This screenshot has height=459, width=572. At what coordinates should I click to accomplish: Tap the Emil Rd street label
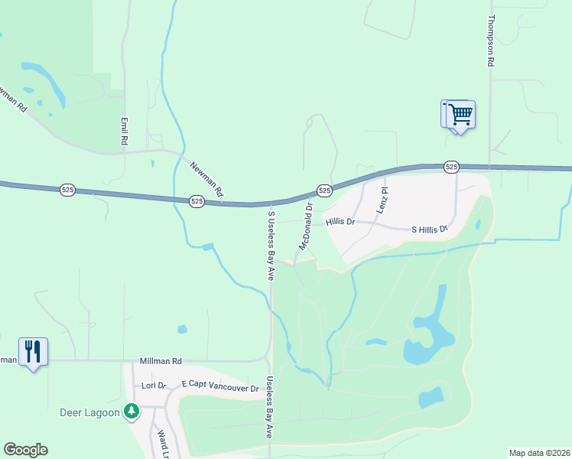[122, 131]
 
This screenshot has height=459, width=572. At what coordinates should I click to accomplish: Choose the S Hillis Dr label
[429, 229]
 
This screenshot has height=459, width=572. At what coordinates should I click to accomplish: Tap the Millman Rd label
[161, 360]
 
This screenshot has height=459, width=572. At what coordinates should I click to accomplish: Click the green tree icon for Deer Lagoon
[132, 412]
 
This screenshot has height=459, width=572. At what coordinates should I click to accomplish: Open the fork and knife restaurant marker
[34, 352]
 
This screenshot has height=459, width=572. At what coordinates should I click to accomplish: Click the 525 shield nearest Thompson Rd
[451, 166]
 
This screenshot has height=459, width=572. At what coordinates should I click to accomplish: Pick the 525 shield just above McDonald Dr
[324, 190]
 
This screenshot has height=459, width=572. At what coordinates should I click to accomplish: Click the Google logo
[25, 450]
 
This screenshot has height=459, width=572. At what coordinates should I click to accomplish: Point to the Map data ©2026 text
[539, 453]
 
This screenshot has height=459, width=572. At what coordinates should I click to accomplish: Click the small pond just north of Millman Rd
[182, 330]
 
